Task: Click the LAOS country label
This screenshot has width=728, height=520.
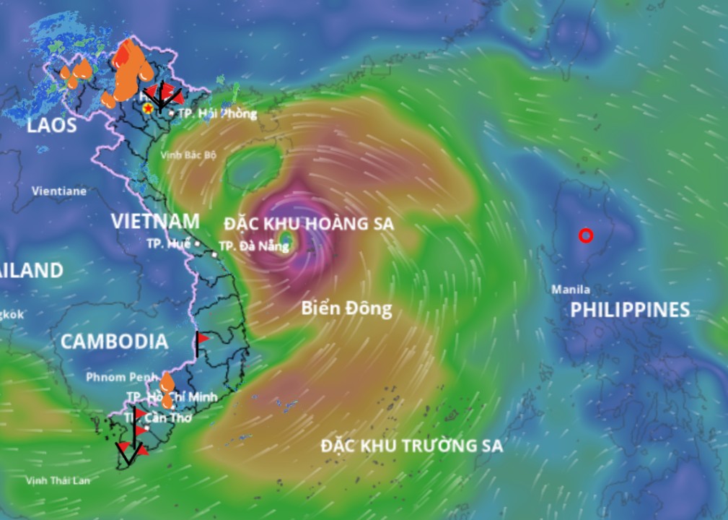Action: click(x=52, y=126)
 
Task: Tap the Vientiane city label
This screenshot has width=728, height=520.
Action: click(x=59, y=191)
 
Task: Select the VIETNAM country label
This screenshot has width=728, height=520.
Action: click(x=155, y=221)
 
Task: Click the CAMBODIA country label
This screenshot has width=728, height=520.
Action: click(x=114, y=342)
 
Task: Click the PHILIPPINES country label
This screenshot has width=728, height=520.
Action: click(x=630, y=310)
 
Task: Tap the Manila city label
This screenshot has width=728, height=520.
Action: click(x=571, y=290)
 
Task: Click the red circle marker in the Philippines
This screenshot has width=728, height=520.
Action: click(x=586, y=235)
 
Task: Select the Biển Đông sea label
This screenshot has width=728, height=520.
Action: click(x=346, y=309)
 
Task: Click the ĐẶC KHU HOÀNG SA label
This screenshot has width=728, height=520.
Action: click(x=309, y=224)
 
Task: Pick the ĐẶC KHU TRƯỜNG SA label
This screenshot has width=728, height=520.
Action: click(x=412, y=445)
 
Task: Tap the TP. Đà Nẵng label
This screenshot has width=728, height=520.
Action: click(x=253, y=246)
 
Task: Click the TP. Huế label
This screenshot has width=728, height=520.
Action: click(x=167, y=243)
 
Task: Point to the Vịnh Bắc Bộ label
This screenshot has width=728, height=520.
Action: click(x=188, y=155)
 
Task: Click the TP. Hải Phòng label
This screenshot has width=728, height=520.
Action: click(x=217, y=113)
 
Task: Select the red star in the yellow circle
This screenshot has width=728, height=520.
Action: click(x=148, y=108)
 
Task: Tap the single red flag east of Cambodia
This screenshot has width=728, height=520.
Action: click(x=202, y=338)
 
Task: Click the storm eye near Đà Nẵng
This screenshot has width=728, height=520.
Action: click(x=286, y=240)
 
